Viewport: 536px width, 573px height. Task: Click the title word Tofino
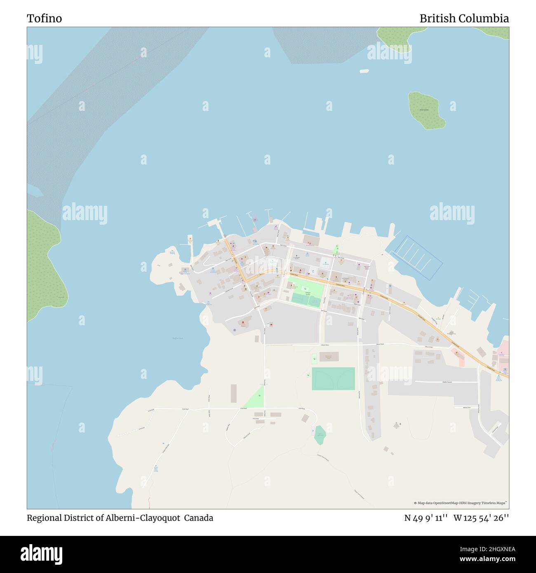tap(44, 19)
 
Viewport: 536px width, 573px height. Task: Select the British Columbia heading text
tap(464, 19)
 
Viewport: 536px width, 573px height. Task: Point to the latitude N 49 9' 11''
tap(425, 518)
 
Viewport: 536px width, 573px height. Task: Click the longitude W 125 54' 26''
tap(481, 518)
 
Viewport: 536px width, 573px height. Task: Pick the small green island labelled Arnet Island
tap(426, 110)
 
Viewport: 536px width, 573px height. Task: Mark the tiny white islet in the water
tap(364, 71)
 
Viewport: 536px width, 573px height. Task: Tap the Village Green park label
tap(308, 293)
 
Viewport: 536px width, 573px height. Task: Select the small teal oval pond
tap(320, 435)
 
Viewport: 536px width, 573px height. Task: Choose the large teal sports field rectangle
tap(333, 378)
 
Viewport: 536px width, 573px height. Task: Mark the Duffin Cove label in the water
tap(177, 338)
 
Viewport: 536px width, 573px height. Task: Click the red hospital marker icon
tap(243, 323)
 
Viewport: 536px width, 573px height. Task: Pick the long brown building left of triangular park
tap(234, 394)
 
